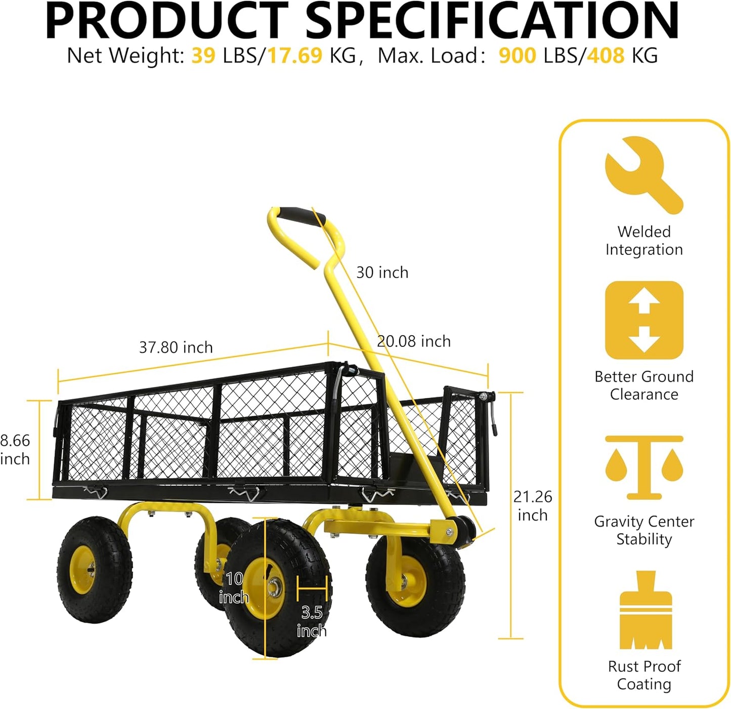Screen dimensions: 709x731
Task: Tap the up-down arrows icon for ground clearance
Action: click(644, 320)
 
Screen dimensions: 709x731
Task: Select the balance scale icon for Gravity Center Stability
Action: click(644, 467)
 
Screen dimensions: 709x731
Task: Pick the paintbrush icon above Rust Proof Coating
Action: click(646, 610)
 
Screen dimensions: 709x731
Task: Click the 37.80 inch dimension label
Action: click(176, 347)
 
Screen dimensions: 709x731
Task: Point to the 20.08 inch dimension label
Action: click(414, 341)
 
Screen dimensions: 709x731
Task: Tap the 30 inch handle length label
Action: click(382, 272)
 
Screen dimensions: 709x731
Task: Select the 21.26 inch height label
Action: click(533, 505)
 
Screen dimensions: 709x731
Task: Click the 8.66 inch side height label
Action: click(15, 450)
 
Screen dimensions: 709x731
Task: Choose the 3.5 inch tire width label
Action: click(312, 621)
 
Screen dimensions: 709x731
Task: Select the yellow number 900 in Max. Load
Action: click(517, 56)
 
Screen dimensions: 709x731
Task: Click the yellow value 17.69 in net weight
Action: click(294, 56)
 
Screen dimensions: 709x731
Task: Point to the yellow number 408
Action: click(606, 56)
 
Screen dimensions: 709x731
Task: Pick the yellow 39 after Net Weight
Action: click(203, 56)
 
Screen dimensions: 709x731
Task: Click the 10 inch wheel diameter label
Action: click(234, 587)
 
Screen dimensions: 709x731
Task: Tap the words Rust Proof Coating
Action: click(644, 675)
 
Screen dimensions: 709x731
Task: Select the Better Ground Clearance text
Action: click(644, 385)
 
